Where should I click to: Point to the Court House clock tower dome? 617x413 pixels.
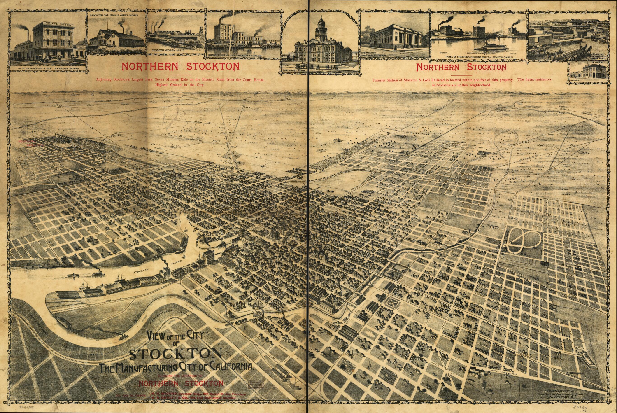click(x=321, y=21)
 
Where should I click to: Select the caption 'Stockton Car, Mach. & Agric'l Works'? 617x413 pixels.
click(x=117, y=15)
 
